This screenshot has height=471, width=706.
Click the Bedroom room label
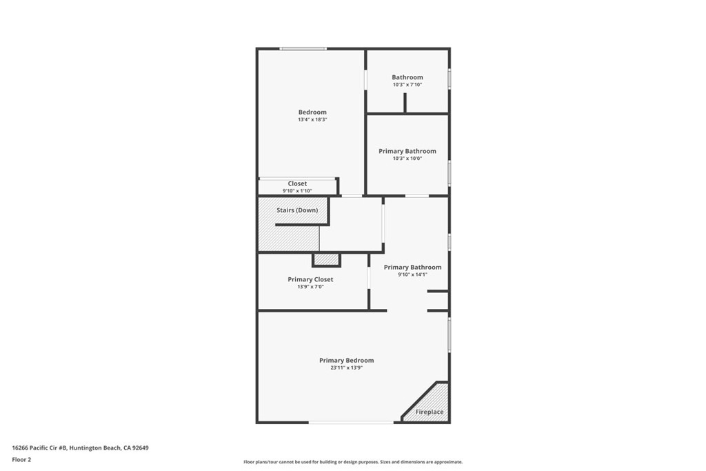point(312,112)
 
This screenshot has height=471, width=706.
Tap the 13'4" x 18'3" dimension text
point(312,120)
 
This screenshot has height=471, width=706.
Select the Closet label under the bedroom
point(297,183)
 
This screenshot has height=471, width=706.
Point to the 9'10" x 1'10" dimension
point(297,191)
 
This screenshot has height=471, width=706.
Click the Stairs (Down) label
point(297,210)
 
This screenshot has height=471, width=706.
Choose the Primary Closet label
point(310,279)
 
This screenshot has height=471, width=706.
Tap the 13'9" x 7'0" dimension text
point(310,287)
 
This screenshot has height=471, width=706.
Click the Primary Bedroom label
point(346,360)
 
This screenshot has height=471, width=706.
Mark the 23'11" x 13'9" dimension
point(346,368)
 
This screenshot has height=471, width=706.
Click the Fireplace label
point(430,412)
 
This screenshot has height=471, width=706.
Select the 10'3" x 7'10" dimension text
point(407,85)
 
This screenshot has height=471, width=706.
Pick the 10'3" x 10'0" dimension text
point(407,159)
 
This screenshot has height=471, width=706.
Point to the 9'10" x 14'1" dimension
point(412,274)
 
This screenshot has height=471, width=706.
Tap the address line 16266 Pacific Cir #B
point(80,448)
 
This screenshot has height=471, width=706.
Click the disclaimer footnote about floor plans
point(353,462)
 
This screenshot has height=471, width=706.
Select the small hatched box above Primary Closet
point(327,259)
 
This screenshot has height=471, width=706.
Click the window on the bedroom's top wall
point(303,48)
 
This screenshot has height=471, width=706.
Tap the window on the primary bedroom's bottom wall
point(352,422)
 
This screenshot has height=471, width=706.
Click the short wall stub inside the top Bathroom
point(405,103)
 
